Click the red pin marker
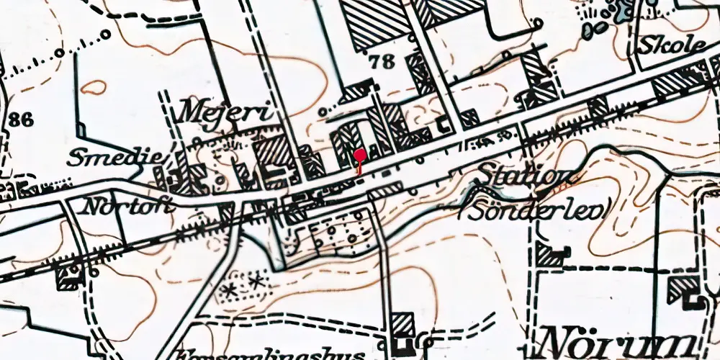click(x=359, y=156)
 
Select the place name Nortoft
click(x=128, y=207)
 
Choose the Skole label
click(x=672, y=45)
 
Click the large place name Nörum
click(x=619, y=342)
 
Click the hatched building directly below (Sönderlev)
click(x=550, y=254)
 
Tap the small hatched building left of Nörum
click(x=403, y=323)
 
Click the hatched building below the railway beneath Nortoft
click(x=68, y=274)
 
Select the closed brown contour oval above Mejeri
click(x=94, y=89)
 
